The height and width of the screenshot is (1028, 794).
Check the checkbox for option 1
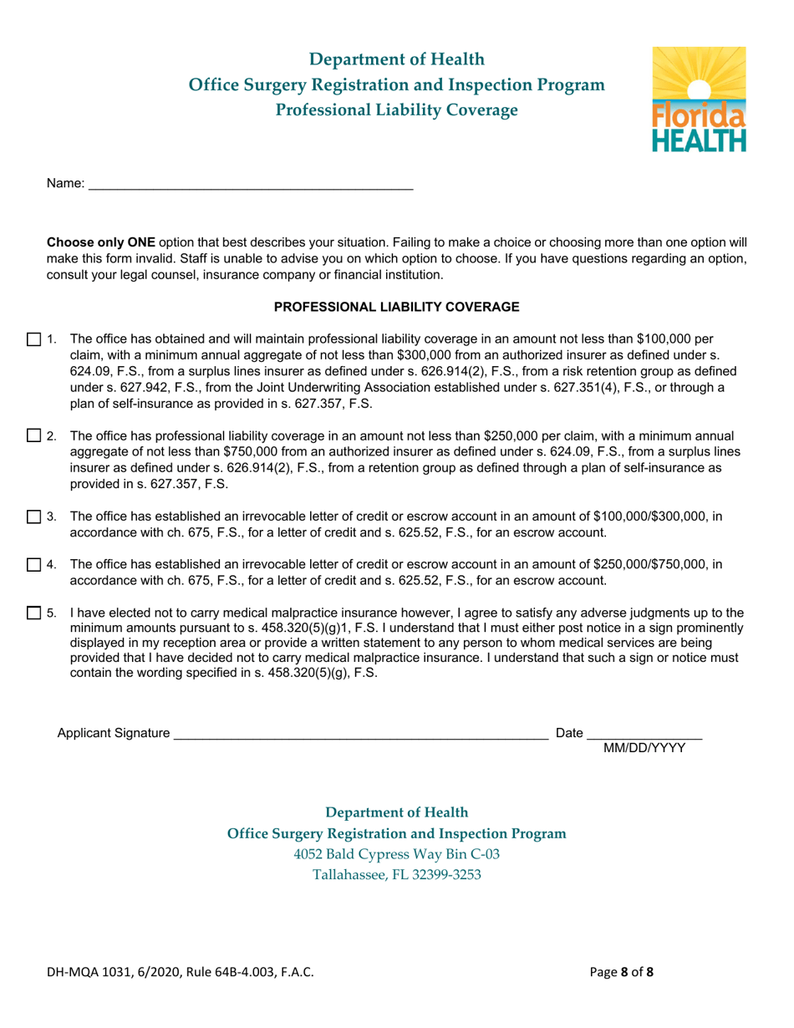tap(33, 339)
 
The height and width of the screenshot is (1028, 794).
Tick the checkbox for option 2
tap(33, 435)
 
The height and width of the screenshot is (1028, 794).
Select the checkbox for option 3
tap(33, 517)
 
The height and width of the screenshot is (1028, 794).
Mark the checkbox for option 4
tap(33, 565)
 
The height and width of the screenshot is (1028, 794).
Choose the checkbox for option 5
tap(33, 613)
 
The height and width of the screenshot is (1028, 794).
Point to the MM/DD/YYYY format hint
tap(644, 749)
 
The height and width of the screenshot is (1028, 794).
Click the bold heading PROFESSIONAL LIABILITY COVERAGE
tap(397, 307)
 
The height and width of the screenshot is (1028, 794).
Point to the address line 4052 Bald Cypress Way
tap(397, 854)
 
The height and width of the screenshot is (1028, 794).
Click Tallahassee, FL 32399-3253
tap(397, 875)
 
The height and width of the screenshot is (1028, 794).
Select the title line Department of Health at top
tap(397, 59)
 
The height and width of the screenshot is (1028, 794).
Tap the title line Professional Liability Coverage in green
tap(397, 109)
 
